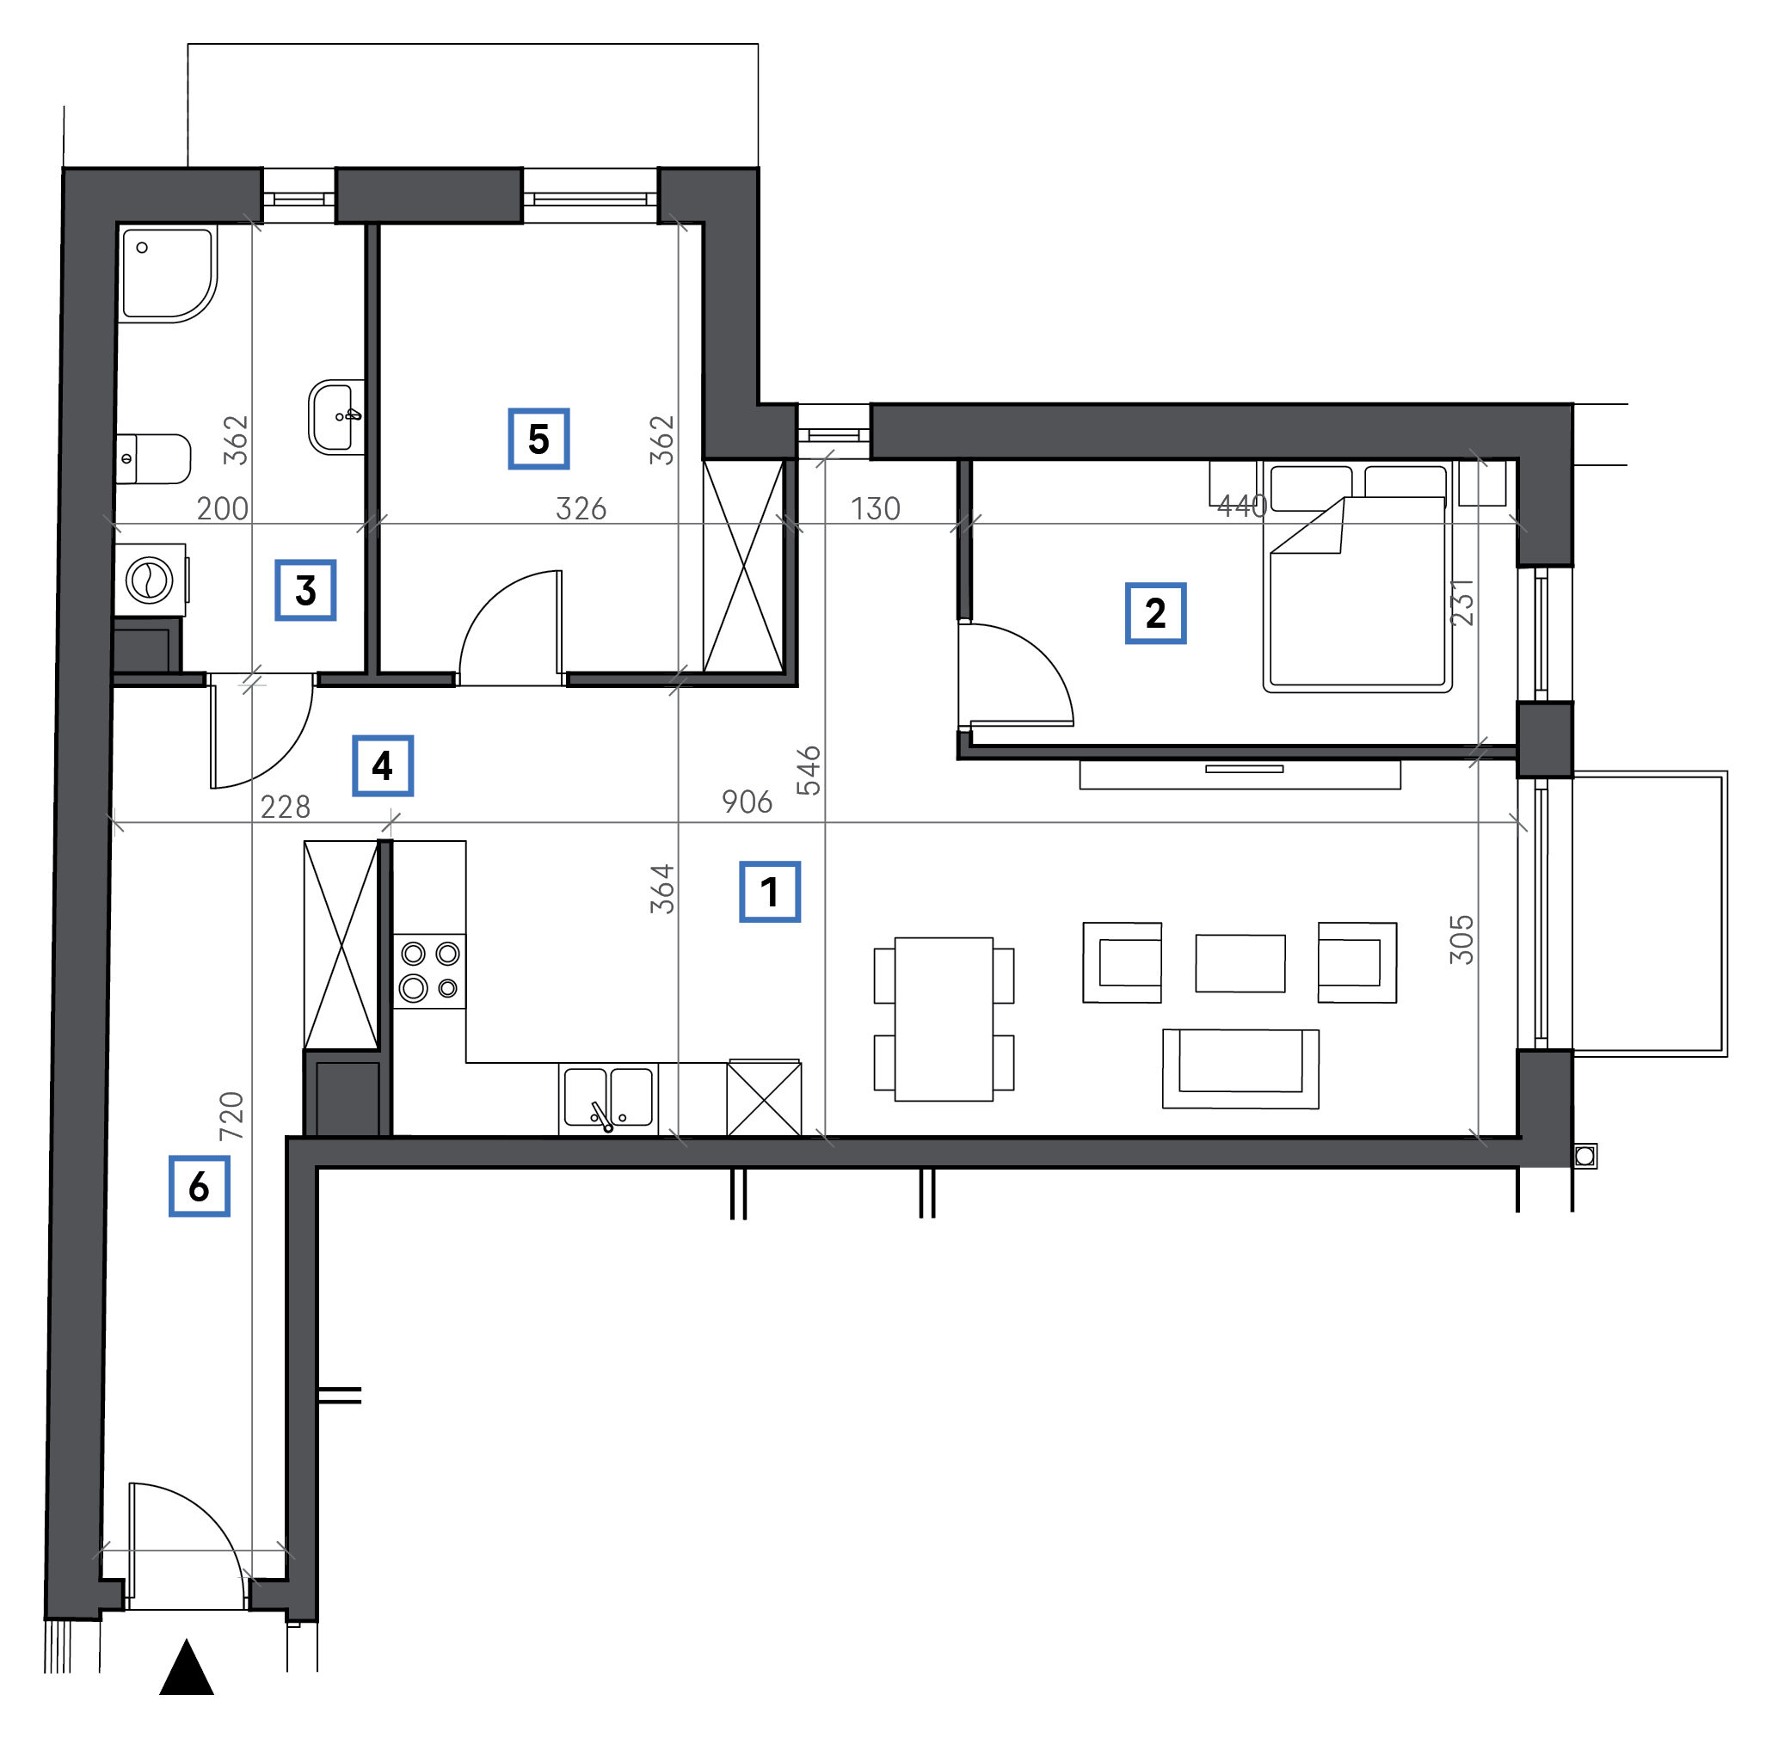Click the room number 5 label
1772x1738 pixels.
pyautogui.click(x=538, y=439)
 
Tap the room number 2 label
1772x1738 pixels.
pyautogui.click(x=1155, y=613)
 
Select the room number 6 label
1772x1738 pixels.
pyautogui.click(x=199, y=1187)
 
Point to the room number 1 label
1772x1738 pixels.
pyautogui.click(x=770, y=892)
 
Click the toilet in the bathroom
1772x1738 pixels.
pyautogui.click(x=153, y=458)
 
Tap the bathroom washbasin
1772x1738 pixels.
pyautogui.click(x=336, y=417)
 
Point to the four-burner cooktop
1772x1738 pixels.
pyautogui.click(x=429, y=971)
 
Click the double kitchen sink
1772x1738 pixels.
pyautogui.click(x=608, y=1099)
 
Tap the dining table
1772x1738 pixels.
pyautogui.click(x=944, y=1020)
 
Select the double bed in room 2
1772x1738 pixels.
pyautogui.click(x=1357, y=577)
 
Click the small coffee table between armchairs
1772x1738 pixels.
pyautogui.click(x=1240, y=963)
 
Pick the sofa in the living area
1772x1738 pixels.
pyautogui.click(x=1240, y=1068)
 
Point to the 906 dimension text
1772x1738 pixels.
pyautogui.click(x=747, y=802)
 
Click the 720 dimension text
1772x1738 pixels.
pyautogui.click(x=231, y=1115)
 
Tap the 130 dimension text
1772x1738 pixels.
pyautogui.click(x=876, y=508)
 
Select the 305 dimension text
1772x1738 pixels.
pyautogui.click(x=1461, y=939)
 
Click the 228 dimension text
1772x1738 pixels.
pyautogui.click(x=286, y=807)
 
